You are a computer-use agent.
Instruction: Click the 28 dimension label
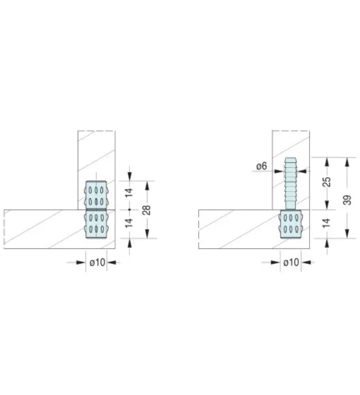pos(147,210)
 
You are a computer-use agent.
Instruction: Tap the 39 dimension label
pos(348,200)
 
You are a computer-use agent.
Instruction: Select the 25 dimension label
pos(327,182)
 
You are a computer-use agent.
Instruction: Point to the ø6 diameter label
pos(262,166)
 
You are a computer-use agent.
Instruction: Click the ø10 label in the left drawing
pos(97,262)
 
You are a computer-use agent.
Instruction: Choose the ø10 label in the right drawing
pos(291,262)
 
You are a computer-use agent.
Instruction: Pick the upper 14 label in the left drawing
pos(129,192)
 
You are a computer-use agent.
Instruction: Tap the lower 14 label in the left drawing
pos(129,223)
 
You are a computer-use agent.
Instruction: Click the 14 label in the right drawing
pos(326,223)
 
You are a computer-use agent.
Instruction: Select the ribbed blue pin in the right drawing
pos(291,184)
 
